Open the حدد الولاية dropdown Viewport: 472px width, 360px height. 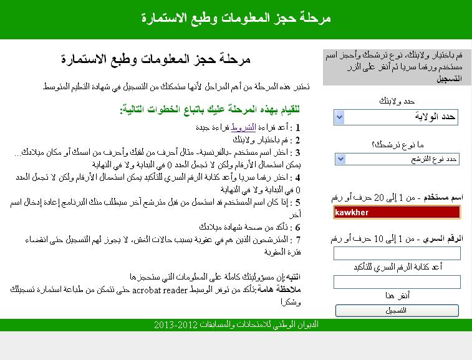pos(397,117)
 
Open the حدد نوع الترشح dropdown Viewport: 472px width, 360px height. pos(397,159)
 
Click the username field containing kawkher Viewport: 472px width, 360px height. pos(397,212)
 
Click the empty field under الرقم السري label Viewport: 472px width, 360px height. pos(397,253)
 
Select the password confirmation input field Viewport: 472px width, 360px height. pos(397,281)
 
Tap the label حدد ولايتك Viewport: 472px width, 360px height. pos(397,101)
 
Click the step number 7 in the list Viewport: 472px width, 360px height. pos(299,240)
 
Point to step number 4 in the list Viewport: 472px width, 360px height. pos(299,177)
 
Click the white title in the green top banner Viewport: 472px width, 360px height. pos(236,17)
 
